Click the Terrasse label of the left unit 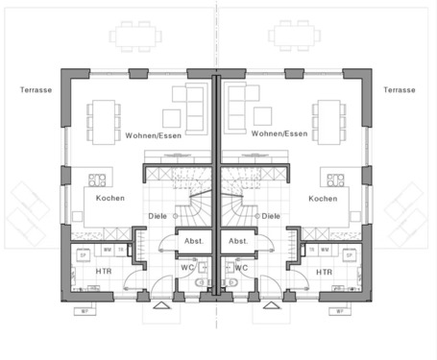pos(35,89)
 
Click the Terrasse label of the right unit pos(399,89)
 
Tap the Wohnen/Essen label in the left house pos(150,135)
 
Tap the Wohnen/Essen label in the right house pos(279,134)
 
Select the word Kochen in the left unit pos(109,199)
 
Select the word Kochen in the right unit pos(323,199)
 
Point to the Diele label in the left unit pos(158,216)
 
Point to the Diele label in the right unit pos(271,216)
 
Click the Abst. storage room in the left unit pos(195,241)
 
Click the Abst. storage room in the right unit pos(238,241)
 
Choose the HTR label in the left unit pos(105,272)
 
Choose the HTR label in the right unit pos(325,272)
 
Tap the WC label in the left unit pos(188,268)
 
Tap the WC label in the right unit pos(242,268)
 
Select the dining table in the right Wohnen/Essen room pos(331,119)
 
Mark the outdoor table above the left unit pos(134,37)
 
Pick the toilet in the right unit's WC pos(231,285)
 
